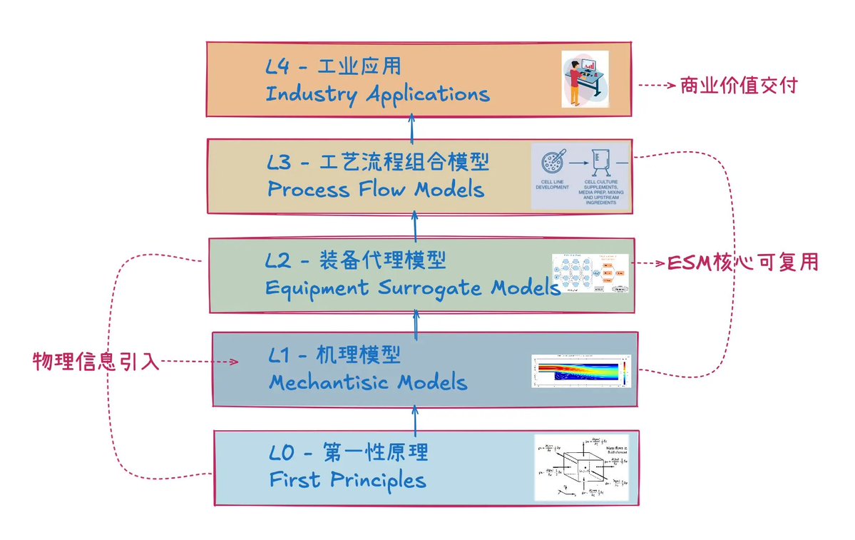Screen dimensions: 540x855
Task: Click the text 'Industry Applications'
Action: click(377, 94)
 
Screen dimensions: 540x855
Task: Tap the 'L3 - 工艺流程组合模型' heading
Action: click(378, 163)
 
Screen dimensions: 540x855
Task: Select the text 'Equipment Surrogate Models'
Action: click(412, 287)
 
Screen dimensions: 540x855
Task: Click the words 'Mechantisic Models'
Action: click(368, 382)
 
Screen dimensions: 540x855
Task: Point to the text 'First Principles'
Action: click(347, 479)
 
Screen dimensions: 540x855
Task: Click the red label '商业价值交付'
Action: click(738, 86)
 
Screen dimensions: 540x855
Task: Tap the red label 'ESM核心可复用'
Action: click(742, 263)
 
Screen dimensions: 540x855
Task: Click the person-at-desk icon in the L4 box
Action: click(585, 79)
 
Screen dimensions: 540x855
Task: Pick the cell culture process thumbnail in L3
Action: click(581, 175)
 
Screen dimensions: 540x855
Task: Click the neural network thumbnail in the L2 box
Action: click(590, 273)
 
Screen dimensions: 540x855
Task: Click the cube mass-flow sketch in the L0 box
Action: click(582, 467)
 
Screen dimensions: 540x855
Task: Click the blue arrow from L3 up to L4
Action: click(412, 128)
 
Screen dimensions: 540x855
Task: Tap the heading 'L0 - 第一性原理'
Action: click(349, 452)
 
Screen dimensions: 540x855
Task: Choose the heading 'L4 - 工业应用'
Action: click(334, 66)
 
